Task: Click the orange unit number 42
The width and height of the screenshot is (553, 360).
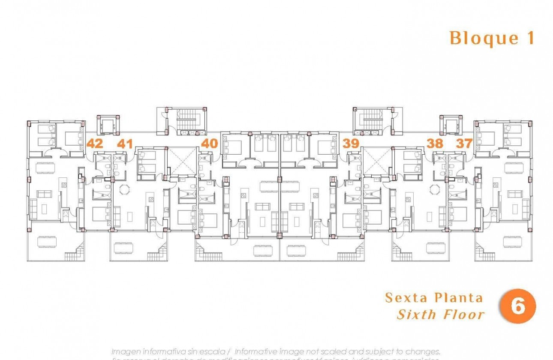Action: (95, 144)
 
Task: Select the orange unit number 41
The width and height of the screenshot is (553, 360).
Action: (124, 144)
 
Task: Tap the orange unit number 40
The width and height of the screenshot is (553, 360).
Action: (209, 143)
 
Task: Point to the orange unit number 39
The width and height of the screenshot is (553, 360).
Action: (351, 144)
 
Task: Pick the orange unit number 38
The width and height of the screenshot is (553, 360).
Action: (435, 144)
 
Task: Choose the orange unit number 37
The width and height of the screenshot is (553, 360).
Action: (464, 144)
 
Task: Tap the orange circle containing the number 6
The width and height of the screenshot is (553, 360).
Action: (518, 307)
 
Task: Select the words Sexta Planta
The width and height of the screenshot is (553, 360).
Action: (434, 298)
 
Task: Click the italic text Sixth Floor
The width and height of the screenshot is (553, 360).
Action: (441, 315)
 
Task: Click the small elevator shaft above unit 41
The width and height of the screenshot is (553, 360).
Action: (107, 125)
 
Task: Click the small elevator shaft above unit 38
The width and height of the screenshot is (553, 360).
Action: (451, 125)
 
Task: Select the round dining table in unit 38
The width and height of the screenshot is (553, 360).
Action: (435, 189)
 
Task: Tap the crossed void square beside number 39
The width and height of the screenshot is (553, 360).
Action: (376, 161)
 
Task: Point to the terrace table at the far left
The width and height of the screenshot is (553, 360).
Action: (45, 243)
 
